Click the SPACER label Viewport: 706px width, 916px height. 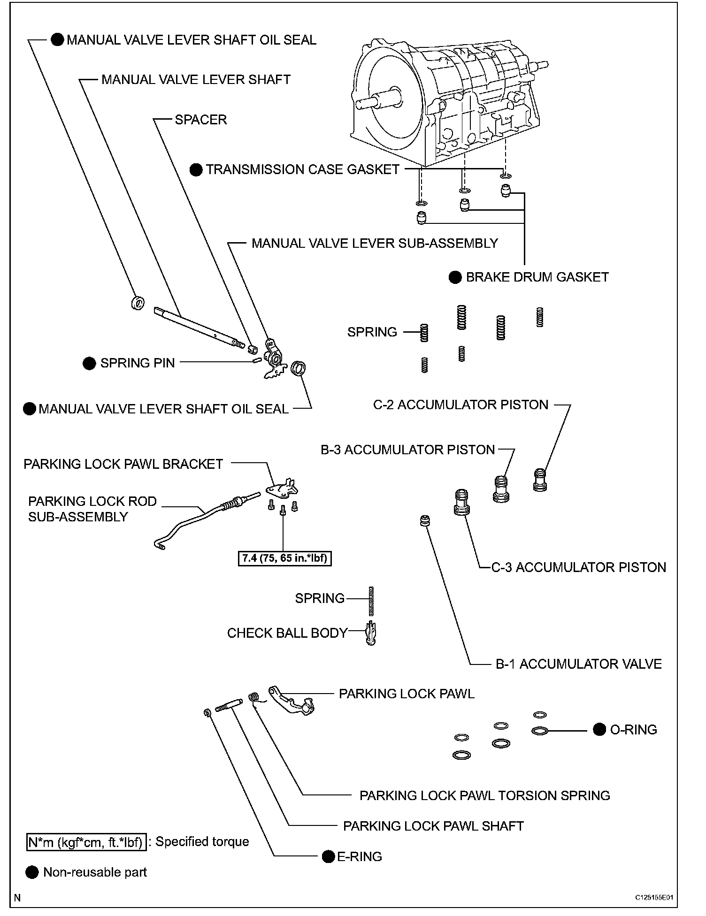[x=200, y=120]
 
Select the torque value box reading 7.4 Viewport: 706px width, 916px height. [x=285, y=558]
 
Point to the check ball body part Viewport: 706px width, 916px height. [x=371, y=634]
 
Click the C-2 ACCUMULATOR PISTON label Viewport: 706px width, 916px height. [x=460, y=405]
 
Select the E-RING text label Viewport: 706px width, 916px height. [x=360, y=856]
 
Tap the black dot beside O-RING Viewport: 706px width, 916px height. [x=599, y=729]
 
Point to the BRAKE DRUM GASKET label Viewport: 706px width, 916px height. [x=537, y=277]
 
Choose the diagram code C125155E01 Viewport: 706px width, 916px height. [x=654, y=897]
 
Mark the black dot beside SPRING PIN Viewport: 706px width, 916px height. [x=89, y=363]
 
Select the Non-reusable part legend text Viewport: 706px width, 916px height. [x=95, y=872]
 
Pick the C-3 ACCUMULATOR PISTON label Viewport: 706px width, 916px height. [x=578, y=567]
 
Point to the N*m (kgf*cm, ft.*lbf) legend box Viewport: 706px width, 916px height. [x=85, y=842]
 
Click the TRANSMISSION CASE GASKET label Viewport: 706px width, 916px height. [x=302, y=169]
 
